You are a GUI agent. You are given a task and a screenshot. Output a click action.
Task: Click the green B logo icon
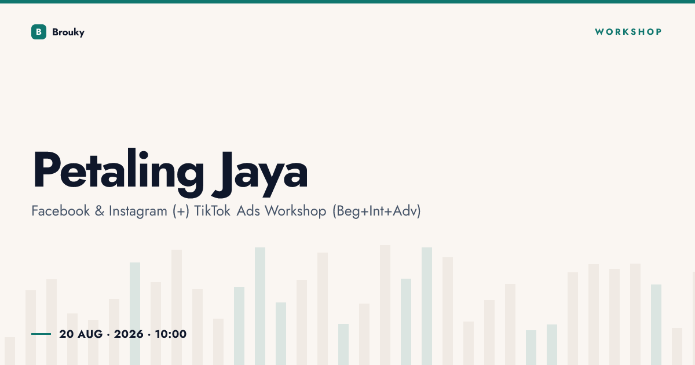[39, 32]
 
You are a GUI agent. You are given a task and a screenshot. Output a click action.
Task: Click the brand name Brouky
[68, 32]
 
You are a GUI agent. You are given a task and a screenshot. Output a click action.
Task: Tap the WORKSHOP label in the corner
[628, 32]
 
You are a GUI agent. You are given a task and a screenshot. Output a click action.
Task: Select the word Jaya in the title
[259, 174]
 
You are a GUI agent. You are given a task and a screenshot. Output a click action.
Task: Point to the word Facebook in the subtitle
[60, 211]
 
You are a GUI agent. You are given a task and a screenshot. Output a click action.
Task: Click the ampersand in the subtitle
[100, 211]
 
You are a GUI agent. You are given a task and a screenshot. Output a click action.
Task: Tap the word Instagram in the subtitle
[138, 211]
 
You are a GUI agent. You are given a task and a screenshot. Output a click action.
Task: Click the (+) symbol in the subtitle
[181, 211]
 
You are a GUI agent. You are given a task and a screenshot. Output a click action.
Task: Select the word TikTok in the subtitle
[212, 211]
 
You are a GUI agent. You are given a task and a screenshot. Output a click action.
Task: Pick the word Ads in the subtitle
[248, 211]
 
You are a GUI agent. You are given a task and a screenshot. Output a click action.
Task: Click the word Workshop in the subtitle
[295, 211]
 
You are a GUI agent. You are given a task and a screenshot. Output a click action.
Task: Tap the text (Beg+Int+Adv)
[376, 211]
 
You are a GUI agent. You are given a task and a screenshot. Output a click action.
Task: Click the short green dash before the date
[41, 334]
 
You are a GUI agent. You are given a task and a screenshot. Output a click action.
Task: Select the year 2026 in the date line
[129, 334]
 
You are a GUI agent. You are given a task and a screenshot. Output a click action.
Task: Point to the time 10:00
[171, 334]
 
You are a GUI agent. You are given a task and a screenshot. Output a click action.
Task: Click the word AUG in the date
[90, 334]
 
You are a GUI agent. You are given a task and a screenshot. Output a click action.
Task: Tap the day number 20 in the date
[67, 334]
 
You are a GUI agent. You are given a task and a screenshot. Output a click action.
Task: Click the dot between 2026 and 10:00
[149, 335]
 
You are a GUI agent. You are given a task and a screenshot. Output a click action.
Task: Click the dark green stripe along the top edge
[348, 2]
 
